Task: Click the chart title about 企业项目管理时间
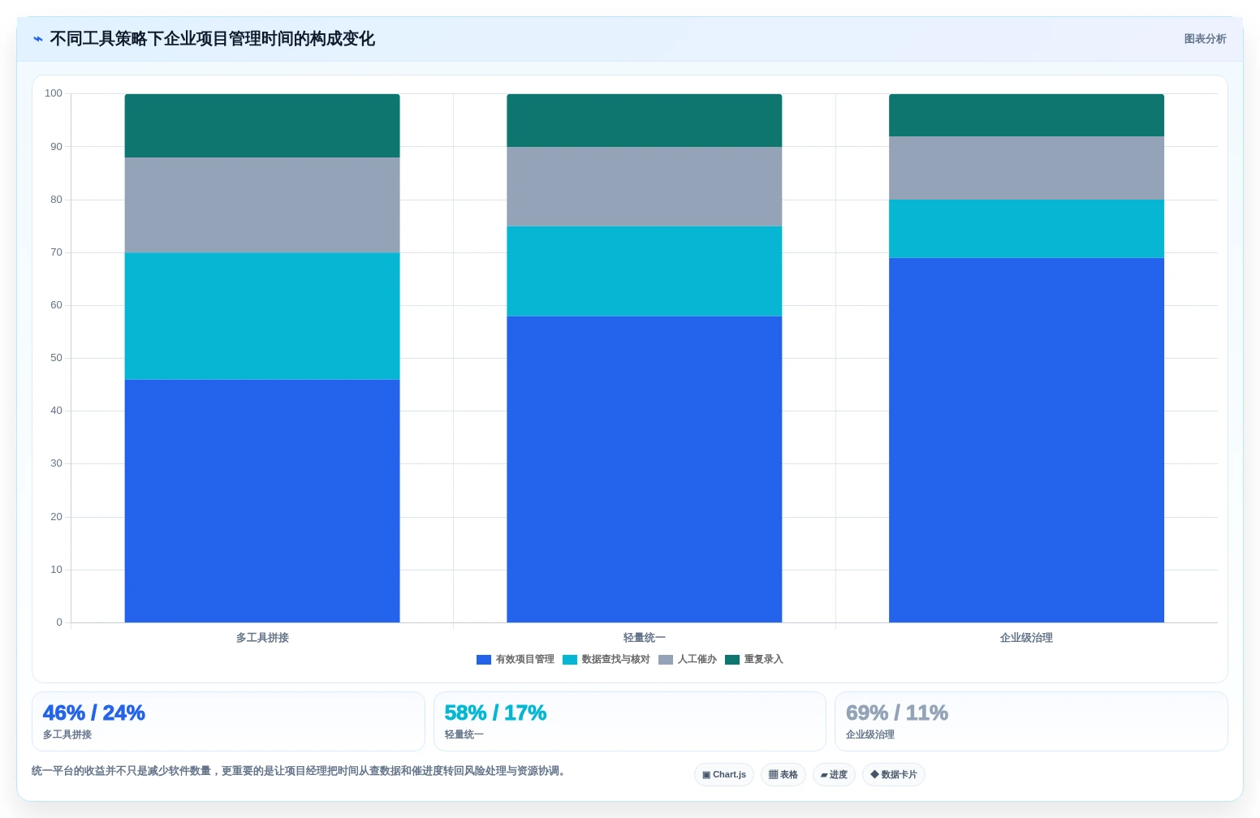(x=212, y=39)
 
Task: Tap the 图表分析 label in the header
(x=1205, y=39)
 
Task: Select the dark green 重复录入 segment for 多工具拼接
(x=262, y=125)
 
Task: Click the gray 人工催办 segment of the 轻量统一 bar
(x=644, y=187)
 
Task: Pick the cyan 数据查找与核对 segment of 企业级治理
(x=1026, y=229)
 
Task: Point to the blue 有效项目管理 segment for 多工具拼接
(x=262, y=501)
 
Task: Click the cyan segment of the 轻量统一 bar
(x=644, y=271)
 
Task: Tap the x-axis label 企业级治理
(x=1026, y=638)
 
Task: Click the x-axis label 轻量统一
(x=644, y=638)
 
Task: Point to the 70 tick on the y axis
(x=56, y=252)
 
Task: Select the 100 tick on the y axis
(x=54, y=93)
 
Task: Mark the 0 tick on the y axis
(x=59, y=622)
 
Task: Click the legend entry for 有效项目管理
(x=516, y=660)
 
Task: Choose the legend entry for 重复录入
(x=753, y=660)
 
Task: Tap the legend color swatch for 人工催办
(x=666, y=660)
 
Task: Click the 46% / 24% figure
(x=94, y=713)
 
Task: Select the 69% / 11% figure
(x=896, y=713)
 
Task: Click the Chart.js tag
(x=724, y=775)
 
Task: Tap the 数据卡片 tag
(x=893, y=775)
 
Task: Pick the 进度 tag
(x=834, y=775)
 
